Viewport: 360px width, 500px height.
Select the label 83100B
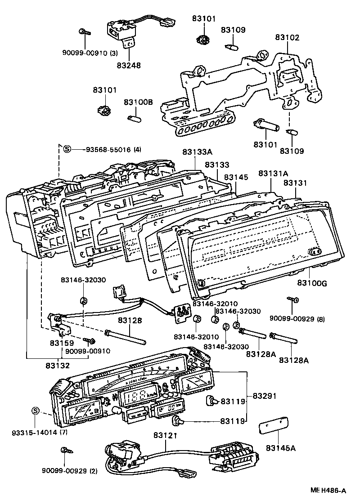pos(138,102)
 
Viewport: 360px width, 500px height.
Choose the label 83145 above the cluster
pos(236,178)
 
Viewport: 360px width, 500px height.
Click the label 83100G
pos(312,283)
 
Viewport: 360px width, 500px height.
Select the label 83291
pos(264,396)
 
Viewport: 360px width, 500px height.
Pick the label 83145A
pos(280,448)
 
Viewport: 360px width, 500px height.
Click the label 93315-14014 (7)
pos(34,433)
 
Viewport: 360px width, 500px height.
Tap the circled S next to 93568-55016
pos(67,149)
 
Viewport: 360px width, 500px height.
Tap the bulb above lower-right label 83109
pos(291,132)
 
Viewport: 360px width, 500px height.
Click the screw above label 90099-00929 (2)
pos(64,450)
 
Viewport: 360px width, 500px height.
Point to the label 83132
pos(57,366)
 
